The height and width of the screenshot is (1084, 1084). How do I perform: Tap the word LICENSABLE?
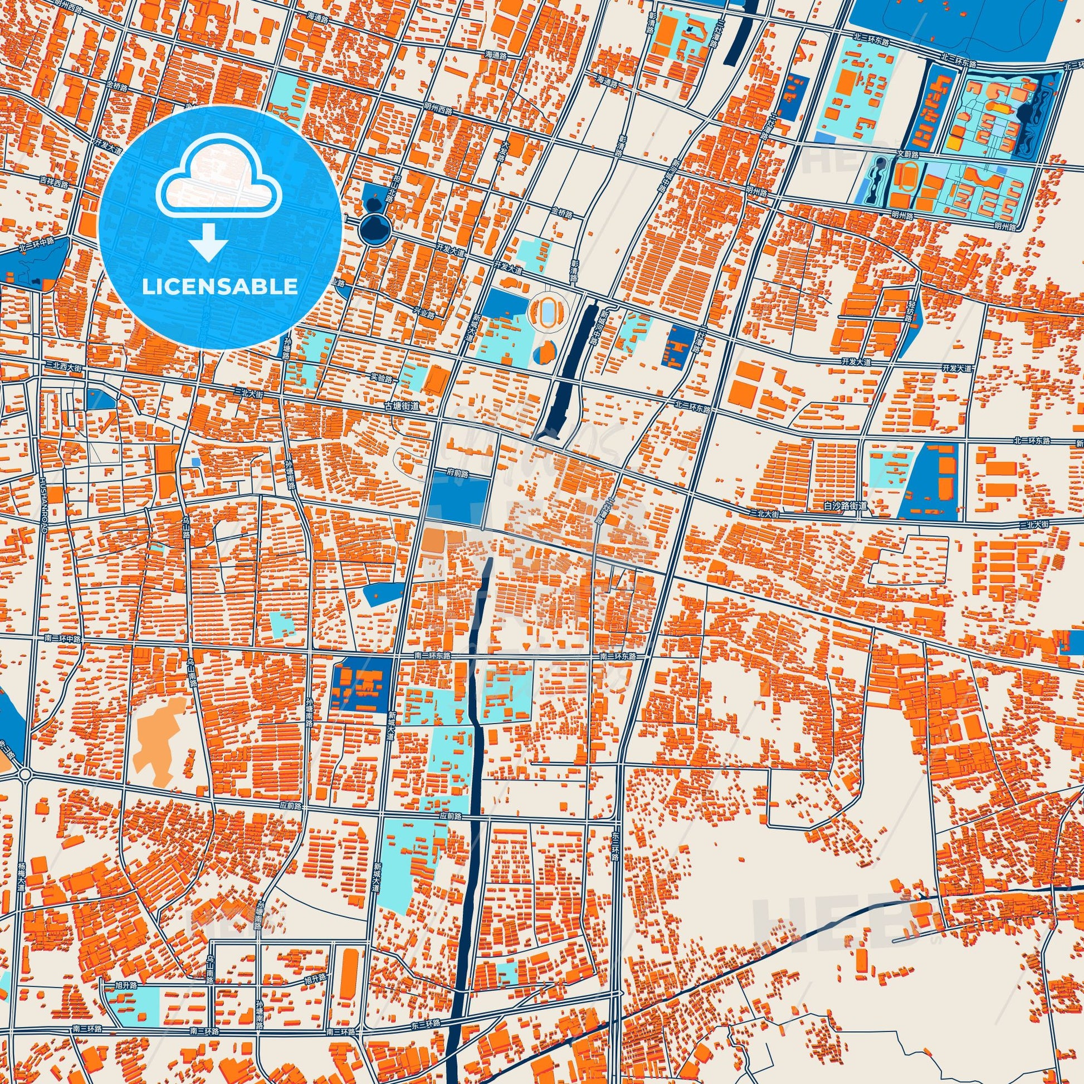pos(220,287)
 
